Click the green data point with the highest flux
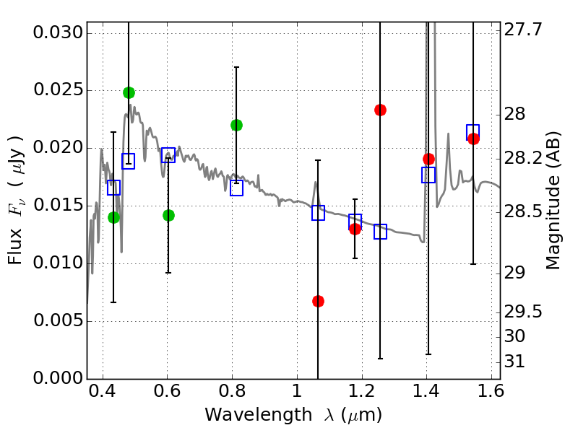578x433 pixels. point(129,92)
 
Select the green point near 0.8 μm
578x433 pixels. point(236,125)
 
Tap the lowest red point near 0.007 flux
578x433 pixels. point(318,301)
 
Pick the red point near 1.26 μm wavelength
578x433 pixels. point(380,110)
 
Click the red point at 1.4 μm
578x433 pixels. point(428,159)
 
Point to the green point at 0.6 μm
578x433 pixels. point(168,215)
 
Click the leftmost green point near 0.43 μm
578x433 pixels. point(113,217)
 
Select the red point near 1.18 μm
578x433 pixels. point(355,229)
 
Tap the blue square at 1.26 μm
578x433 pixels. point(380,232)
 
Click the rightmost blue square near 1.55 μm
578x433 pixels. point(473,131)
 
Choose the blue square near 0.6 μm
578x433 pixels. point(168,154)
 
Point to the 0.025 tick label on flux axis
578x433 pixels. point(59,91)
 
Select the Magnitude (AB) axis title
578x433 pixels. point(553,201)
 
